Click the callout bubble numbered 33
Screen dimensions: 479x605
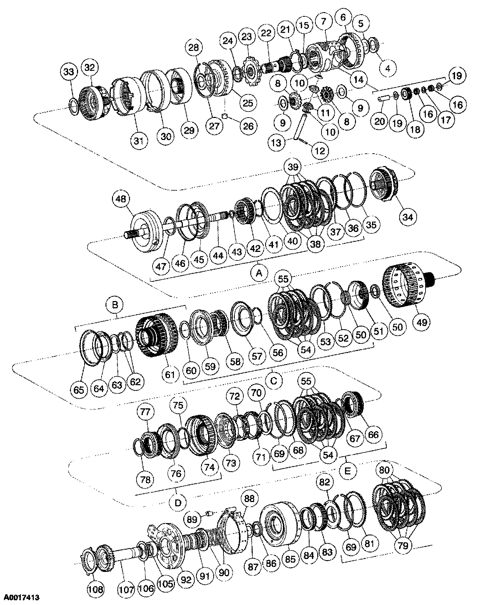69,72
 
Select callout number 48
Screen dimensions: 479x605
121,199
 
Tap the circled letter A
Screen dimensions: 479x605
259,273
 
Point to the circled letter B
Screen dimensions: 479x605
115,305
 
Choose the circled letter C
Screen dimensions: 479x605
274,381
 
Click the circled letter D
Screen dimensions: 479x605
178,503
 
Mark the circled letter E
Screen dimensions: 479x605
347,471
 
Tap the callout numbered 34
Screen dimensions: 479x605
408,216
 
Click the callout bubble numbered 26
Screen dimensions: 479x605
248,126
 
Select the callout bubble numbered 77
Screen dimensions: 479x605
145,412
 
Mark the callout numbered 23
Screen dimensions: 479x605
247,37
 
